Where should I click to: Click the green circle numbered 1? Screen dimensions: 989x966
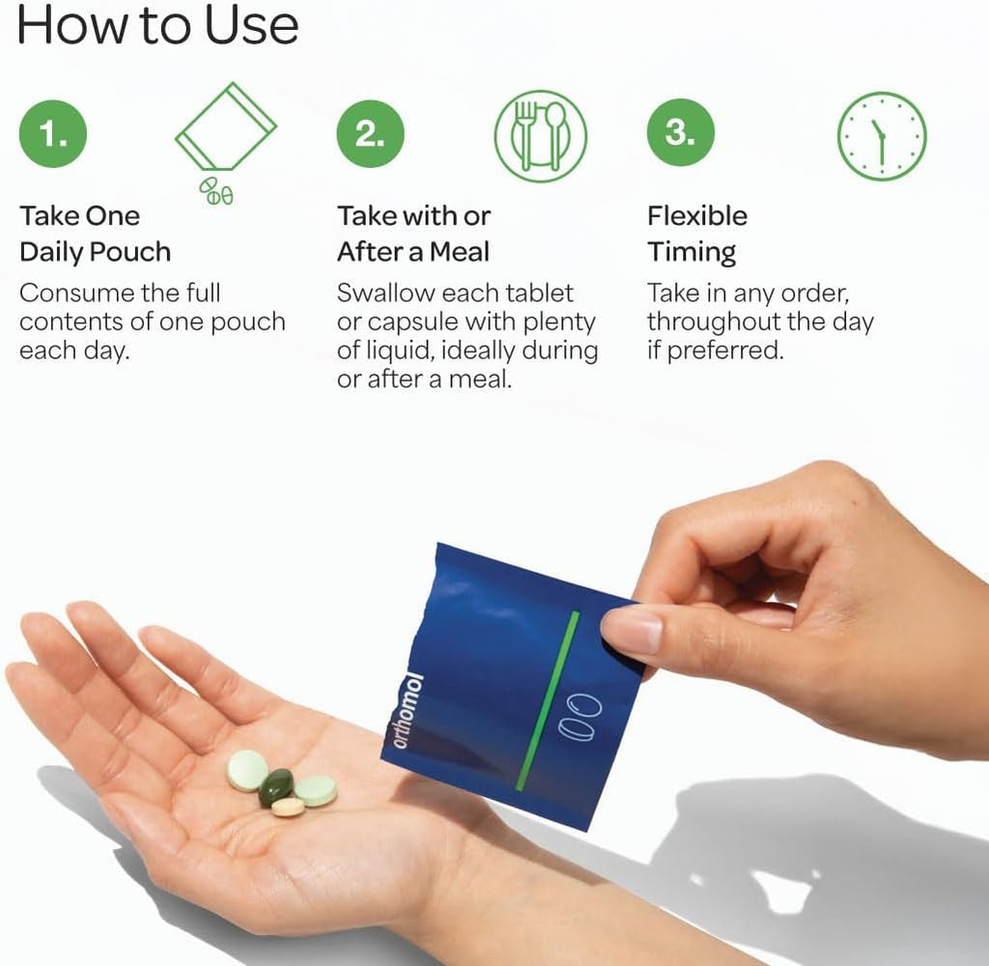pos(53,133)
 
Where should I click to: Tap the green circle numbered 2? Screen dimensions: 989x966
pos(370,133)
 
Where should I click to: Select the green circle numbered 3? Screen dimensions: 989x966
pos(681,132)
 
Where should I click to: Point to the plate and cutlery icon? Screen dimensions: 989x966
pos(541,136)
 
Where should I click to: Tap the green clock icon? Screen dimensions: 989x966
pos(882,136)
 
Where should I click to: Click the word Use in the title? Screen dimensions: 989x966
pos(252,25)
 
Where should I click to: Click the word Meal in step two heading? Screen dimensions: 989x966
pos(459,252)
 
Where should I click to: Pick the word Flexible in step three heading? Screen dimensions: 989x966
pos(697,215)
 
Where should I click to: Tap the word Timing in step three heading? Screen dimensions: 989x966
pos(692,252)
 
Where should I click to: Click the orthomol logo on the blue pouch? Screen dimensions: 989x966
pos(408,711)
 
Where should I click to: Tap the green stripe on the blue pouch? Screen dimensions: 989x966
pos(547,700)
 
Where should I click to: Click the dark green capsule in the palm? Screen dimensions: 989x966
pos(275,787)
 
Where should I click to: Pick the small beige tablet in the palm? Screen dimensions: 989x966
pos(288,807)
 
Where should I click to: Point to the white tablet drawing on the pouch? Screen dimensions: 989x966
pos(580,718)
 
